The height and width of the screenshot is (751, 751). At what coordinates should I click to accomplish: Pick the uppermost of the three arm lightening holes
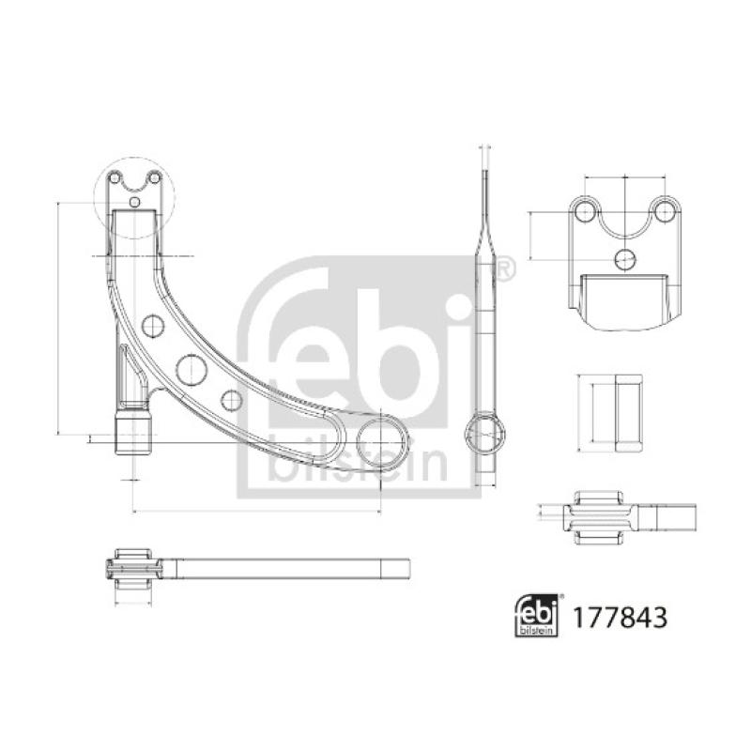(153, 326)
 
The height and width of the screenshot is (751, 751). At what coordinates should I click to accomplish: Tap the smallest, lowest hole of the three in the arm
(232, 400)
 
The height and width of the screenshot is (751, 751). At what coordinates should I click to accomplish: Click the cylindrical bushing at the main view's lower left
(132, 432)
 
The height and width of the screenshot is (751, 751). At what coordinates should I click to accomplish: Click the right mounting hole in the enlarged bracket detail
(665, 208)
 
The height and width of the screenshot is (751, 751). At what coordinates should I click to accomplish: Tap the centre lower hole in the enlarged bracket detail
(623, 258)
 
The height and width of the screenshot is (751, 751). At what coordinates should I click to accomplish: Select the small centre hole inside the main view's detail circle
(134, 201)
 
